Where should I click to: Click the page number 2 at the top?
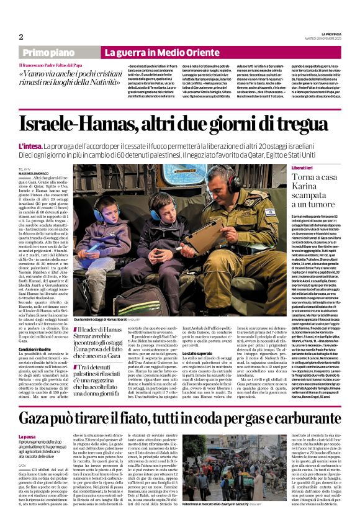tap(21, 37)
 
